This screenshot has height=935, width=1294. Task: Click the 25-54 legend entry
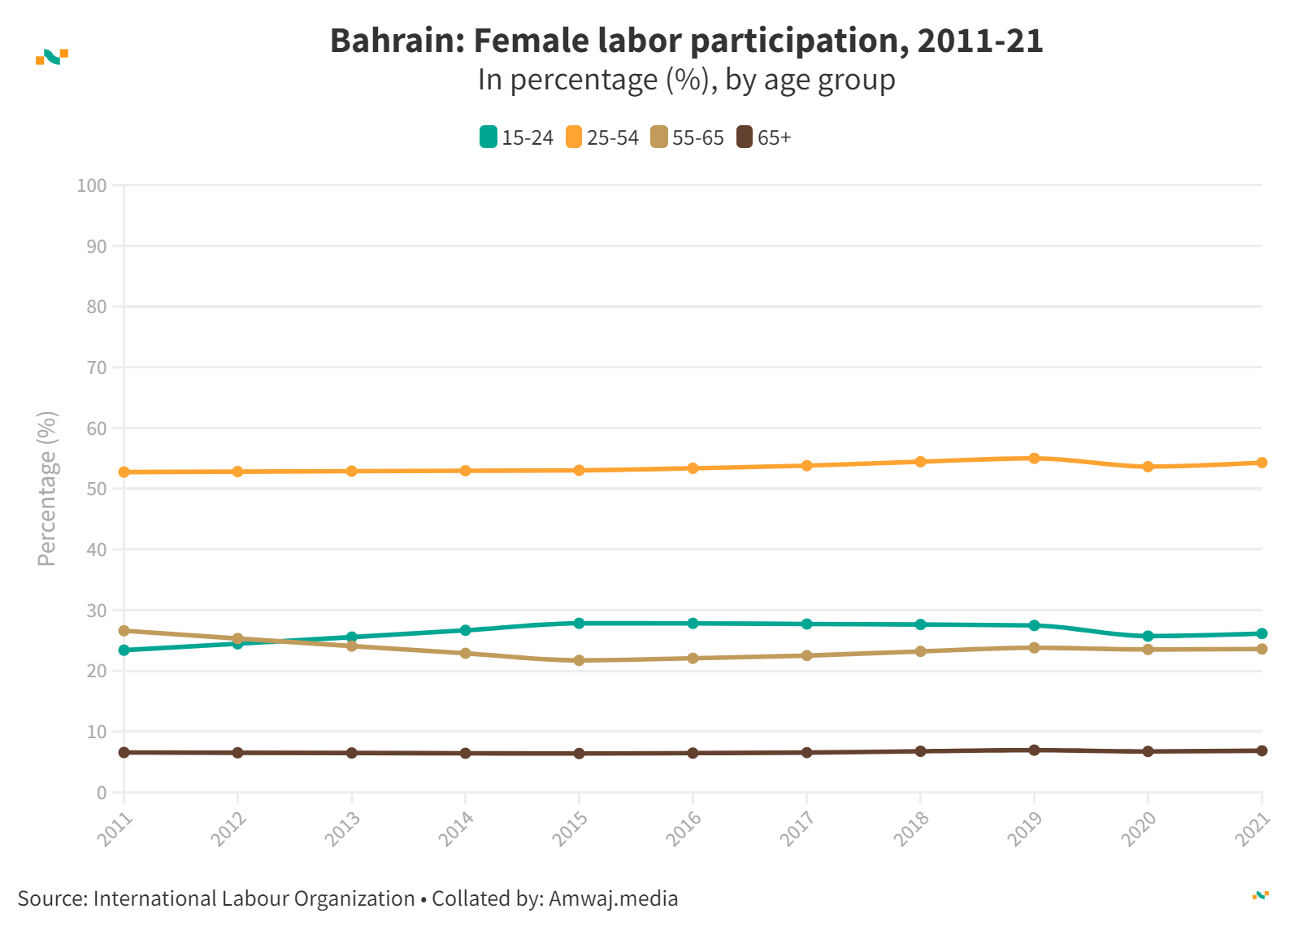(x=602, y=137)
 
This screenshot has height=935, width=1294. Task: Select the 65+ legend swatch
(x=745, y=137)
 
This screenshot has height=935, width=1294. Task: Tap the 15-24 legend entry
(x=517, y=137)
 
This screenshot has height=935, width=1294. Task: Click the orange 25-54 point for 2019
(x=1034, y=459)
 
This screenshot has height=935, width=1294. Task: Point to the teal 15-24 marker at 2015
(x=579, y=624)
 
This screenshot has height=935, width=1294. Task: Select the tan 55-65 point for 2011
(x=124, y=631)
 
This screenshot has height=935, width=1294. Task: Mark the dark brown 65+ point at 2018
(x=920, y=751)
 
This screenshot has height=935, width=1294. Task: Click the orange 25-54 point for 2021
(x=1261, y=463)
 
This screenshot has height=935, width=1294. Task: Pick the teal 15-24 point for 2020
(x=1148, y=637)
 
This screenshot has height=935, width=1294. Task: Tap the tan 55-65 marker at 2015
(x=579, y=660)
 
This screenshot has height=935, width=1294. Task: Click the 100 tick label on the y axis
(x=92, y=185)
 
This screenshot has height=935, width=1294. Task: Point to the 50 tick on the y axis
(x=97, y=489)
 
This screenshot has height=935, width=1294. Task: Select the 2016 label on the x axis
(x=684, y=829)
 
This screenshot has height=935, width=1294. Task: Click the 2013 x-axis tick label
(x=342, y=829)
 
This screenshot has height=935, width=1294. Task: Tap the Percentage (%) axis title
(x=47, y=489)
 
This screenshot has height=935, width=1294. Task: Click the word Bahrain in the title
(x=396, y=41)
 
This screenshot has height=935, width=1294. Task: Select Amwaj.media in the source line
(x=613, y=898)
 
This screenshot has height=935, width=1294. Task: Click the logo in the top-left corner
(x=52, y=56)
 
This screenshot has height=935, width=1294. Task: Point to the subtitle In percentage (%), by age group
(x=686, y=80)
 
